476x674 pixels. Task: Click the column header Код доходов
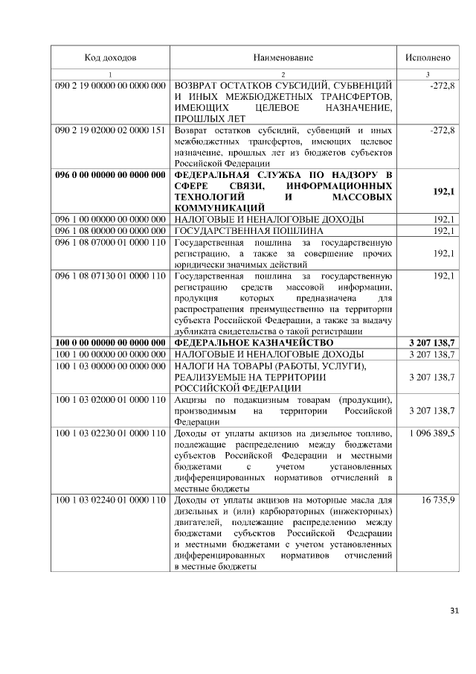(110, 57)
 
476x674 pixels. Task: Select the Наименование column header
(283, 57)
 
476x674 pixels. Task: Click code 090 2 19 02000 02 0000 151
(110, 130)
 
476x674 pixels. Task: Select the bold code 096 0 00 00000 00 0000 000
(110, 176)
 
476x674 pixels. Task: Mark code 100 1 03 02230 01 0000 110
(110, 433)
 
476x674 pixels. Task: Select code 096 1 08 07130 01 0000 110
(110, 276)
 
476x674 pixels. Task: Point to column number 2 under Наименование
(283, 74)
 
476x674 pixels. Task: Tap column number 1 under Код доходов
(110, 74)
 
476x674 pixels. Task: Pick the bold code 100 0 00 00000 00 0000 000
(110, 342)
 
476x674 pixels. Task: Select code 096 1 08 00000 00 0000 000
(110, 231)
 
